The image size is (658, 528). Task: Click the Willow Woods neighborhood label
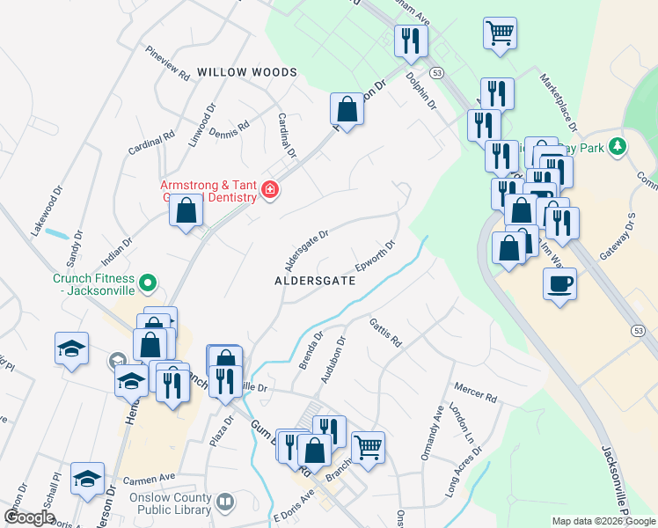pyautogui.click(x=247, y=71)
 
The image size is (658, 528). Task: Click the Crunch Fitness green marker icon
pyautogui.click(x=149, y=283)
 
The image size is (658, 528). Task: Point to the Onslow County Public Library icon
pyautogui.click(x=226, y=502)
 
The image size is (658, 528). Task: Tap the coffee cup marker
pyautogui.click(x=559, y=284)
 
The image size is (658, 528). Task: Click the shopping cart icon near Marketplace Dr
pyautogui.click(x=500, y=33)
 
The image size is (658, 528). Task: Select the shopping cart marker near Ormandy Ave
pyautogui.click(x=368, y=446)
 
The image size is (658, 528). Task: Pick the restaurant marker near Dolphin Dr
pyautogui.click(x=411, y=40)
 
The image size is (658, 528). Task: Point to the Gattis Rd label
pyautogui.click(x=385, y=333)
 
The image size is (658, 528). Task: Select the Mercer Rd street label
pyautogui.click(x=476, y=392)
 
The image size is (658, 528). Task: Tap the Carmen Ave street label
pyautogui.click(x=150, y=480)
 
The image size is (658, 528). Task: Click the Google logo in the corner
pyautogui.click(x=29, y=517)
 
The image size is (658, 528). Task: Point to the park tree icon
pyautogui.click(x=618, y=146)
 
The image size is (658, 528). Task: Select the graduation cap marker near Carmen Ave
pyautogui.click(x=87, y=479)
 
